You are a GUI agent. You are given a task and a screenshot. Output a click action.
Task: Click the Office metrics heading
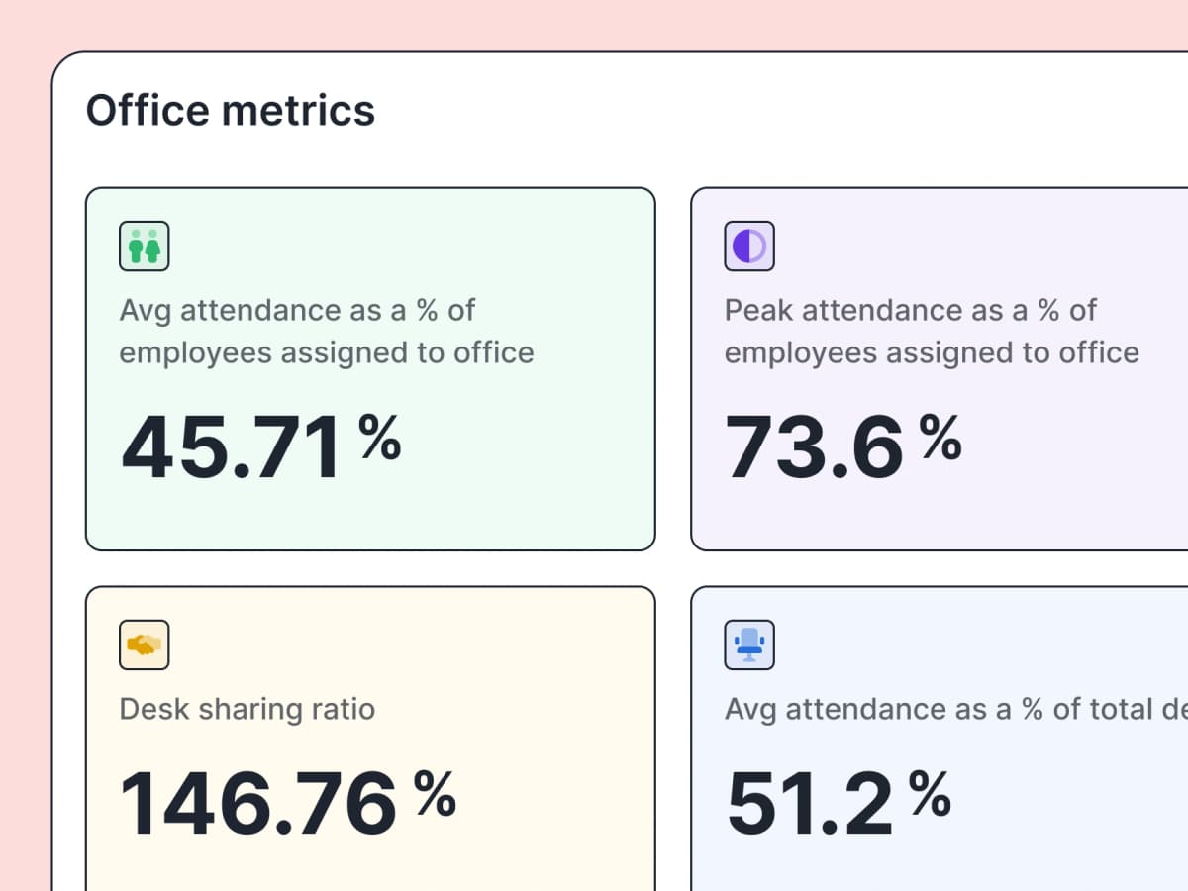pos(231,110)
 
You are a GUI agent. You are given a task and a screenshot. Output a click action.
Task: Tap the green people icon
pos(145,247)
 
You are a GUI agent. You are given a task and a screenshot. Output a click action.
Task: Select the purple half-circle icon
pos(749,247)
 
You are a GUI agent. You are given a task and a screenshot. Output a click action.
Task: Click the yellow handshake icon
pos(145,645)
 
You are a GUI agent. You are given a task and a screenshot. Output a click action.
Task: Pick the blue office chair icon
pos(749,645)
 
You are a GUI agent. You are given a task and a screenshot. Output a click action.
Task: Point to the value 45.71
pos(232,447)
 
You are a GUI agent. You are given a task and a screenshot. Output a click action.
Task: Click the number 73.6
pos(814,447)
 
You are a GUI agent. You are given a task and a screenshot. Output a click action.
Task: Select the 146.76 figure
pos(258,803)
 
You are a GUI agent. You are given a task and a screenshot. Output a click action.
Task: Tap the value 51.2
pos(810,803)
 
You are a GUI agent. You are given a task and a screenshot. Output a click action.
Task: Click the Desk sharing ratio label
pos(247,709)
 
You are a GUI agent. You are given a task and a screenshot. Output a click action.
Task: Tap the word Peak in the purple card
pos(759,310)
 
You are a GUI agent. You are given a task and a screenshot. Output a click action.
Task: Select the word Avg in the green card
pos(146,310)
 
